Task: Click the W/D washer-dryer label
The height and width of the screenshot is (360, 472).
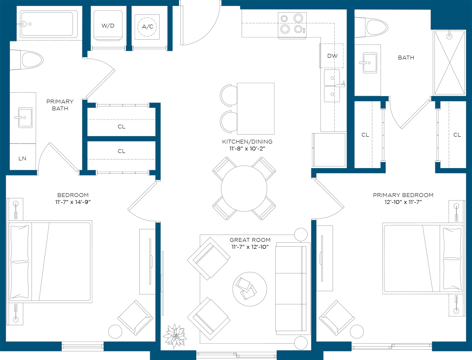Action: pos(108,25)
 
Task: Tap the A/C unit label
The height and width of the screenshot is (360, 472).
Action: pos(148,26)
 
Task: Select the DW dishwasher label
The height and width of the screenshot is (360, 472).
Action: pos(332,56)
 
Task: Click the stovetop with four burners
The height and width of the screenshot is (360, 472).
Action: pos(292,25)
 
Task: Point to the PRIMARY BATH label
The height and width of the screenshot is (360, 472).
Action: pos(60,105)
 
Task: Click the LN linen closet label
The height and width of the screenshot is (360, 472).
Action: pos(22,158)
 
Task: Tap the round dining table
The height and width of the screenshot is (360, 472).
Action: pos(244,188)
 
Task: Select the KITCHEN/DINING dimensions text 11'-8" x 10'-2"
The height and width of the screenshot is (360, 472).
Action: pos(247,149)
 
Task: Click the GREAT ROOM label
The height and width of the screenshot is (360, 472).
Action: pos(250,240)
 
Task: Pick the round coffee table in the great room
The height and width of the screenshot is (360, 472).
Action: pos(249,289)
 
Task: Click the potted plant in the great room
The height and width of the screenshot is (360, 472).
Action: pos(175,335)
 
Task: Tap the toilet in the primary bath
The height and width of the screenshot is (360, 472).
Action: pos(26,60)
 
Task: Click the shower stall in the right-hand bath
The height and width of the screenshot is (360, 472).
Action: pos(449,63)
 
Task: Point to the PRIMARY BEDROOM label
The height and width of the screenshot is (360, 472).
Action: pos(403,195)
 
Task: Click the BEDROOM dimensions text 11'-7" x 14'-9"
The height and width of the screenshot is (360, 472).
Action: pos(73,202)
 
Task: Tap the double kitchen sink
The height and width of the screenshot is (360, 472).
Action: pos(332,86)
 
